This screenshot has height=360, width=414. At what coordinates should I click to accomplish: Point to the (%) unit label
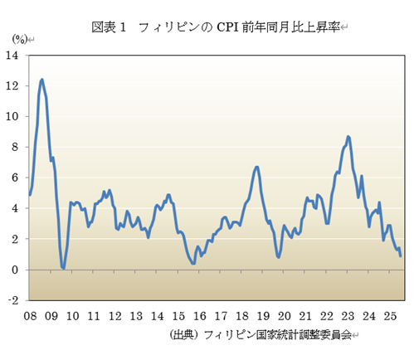click(19, 39)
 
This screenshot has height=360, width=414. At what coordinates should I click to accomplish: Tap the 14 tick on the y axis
click(14, 56)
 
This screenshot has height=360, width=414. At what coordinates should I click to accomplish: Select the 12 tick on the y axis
click(14, 86)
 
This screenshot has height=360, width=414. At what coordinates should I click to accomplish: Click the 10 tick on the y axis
click(14, 117)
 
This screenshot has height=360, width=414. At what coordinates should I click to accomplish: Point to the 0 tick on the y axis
click(17, 270)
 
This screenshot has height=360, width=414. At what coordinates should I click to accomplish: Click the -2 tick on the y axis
click(15, 301)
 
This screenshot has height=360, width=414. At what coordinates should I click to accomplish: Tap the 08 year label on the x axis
click(30, 316)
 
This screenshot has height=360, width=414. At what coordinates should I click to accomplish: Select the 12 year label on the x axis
click(114, 316)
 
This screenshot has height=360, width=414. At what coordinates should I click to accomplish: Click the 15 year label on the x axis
click(178, 316)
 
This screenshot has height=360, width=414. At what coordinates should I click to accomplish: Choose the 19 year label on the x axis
click(263, 316)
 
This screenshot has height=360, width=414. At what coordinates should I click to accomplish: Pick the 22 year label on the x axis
click(327, 316)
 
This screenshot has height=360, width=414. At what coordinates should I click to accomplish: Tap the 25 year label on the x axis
click(391, 316)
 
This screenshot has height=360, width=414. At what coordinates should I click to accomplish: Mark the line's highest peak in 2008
click(41, 80)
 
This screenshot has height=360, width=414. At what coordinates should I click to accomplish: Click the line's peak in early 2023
click(348, 136)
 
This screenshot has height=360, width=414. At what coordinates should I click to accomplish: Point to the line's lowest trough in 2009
click(63, 268)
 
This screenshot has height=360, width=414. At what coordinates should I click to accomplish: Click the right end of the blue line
click(401, 255)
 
